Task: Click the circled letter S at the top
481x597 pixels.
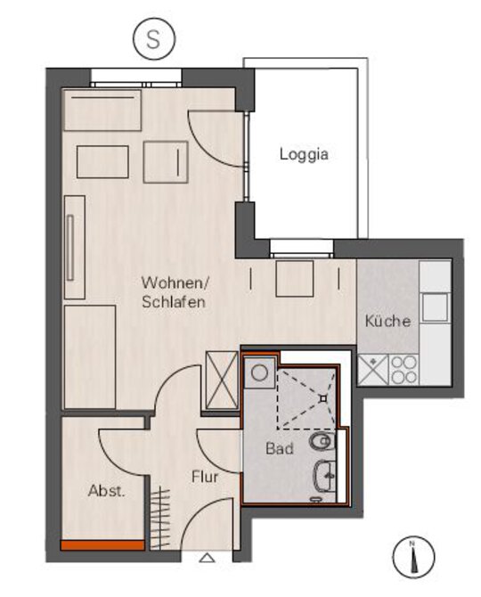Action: coord(154,39)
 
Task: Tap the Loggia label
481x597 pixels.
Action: coord(304,154)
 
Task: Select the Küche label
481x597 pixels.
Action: coord(387,321)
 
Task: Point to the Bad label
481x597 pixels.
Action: coord(280,448)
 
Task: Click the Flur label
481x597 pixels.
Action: coord(205,477)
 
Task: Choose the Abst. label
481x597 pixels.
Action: coord(106,491)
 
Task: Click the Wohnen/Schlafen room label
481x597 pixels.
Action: coord(175,292)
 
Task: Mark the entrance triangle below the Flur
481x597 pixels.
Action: coord(207,558)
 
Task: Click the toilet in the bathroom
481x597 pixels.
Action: coord(322,442)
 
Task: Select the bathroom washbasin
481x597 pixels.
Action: coord(324,476)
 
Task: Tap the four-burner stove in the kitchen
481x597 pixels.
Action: coord(404,370)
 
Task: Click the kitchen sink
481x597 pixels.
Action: coord(434,307)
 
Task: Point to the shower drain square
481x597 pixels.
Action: coord(323,398)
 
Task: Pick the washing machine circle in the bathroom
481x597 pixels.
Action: coord(259,372)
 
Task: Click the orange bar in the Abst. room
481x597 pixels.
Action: coord(102,545)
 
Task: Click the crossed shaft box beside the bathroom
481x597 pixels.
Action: coord(222,380)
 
